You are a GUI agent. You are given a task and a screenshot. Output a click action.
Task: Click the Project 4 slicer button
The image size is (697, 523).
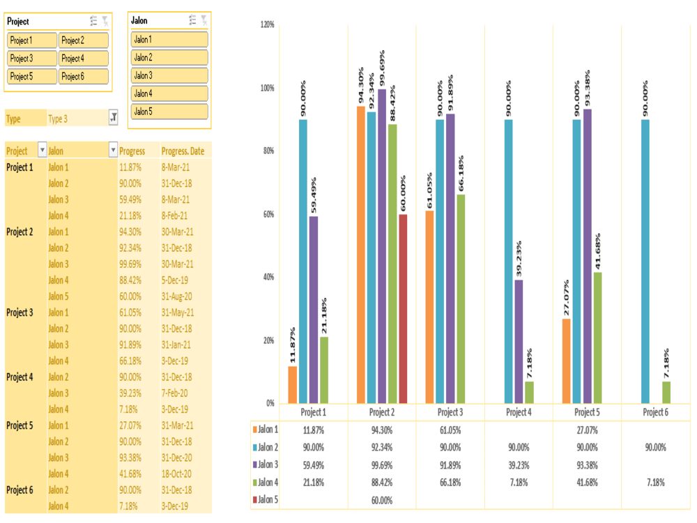(x=83, y=59)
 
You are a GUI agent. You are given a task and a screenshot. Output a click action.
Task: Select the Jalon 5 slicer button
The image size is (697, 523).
(x=169, y=112)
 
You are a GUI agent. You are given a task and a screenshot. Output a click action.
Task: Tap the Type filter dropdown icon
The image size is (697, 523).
(x=114, y=119)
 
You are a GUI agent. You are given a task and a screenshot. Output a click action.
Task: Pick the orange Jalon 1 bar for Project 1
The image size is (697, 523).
(x=292, y=384)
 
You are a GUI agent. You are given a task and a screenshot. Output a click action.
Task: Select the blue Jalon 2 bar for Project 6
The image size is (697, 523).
(x=645, y=261)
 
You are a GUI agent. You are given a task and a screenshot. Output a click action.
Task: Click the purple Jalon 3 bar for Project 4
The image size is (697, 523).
(x=518, y=341)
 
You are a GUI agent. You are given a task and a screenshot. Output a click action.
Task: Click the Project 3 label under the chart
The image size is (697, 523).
(x=450, y=412)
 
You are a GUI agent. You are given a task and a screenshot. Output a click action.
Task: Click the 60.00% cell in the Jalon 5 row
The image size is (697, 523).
(x=381, y=500)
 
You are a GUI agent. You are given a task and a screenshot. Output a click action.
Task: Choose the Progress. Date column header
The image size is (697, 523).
(x=183, y=151)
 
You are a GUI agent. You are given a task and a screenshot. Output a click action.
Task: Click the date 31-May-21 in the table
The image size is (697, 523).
(x=177, y=312)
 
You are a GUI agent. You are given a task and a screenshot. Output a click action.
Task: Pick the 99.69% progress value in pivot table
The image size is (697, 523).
(x=132, y=264)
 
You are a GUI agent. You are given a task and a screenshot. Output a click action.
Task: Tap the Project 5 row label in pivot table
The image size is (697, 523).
(x=20, y=425)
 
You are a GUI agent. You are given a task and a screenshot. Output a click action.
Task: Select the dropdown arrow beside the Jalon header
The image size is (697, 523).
(x=113, y=151)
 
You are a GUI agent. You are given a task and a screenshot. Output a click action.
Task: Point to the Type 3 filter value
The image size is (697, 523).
(x=59, y=119)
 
